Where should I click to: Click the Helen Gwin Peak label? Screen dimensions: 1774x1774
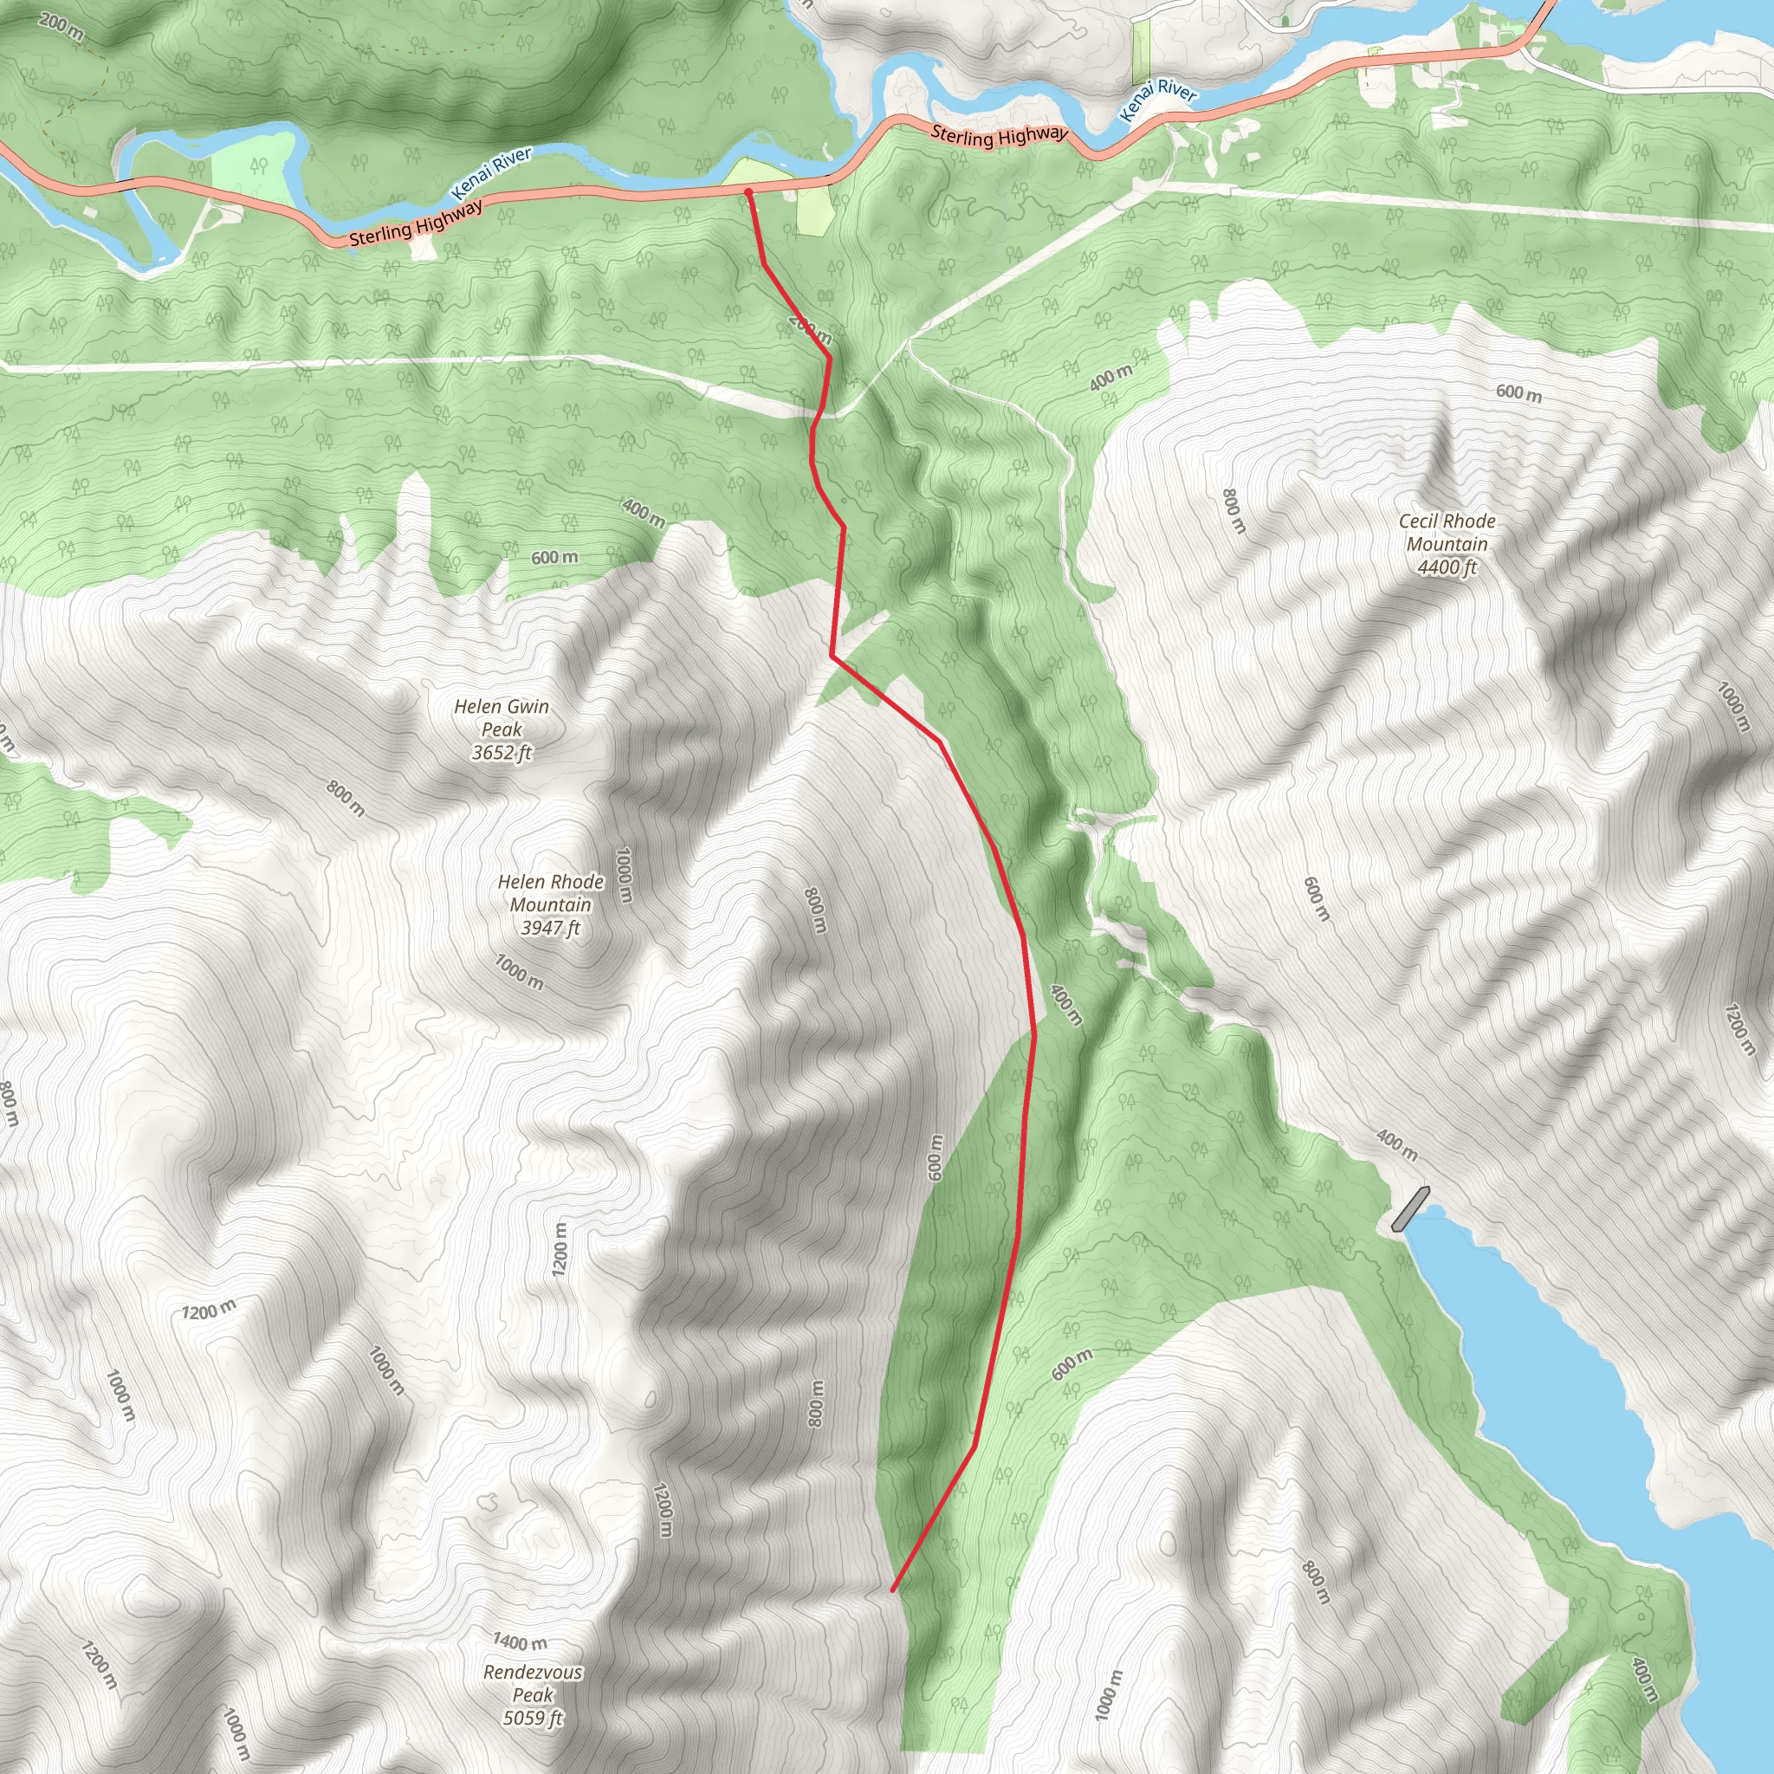coord(502,718)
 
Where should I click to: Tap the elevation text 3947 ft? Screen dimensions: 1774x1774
coord(550,929)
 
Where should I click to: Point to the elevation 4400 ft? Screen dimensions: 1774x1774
coord(1447,567)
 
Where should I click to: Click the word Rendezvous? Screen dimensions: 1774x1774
coord(533,1672)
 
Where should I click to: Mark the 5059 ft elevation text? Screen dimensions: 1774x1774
coord(533,1718)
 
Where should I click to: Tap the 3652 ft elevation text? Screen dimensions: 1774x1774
coord(502,753)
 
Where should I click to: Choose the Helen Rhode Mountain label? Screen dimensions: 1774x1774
coord(550,893)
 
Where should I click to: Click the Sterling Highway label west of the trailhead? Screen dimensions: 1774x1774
coord(416,224)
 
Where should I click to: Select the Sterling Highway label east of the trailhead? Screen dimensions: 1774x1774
coord(999,136)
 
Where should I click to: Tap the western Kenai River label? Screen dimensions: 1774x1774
coord(491,172)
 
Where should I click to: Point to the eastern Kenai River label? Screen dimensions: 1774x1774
coord(1159,99)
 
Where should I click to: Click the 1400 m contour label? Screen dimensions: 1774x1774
coord(520,1641)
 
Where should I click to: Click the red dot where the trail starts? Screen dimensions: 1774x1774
coord(748,193)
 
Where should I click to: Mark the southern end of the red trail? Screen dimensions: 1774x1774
coord(892,1590)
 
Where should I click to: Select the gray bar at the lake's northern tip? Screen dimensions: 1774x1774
coord(1409,1208)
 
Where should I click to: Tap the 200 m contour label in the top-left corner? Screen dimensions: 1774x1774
coord(62,27)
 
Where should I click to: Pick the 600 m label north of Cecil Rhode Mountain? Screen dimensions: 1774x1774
coord(1518,393)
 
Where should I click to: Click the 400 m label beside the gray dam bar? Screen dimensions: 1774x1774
coord(1396,1143)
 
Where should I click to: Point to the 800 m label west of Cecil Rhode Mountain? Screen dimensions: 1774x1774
coord(1234,511)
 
